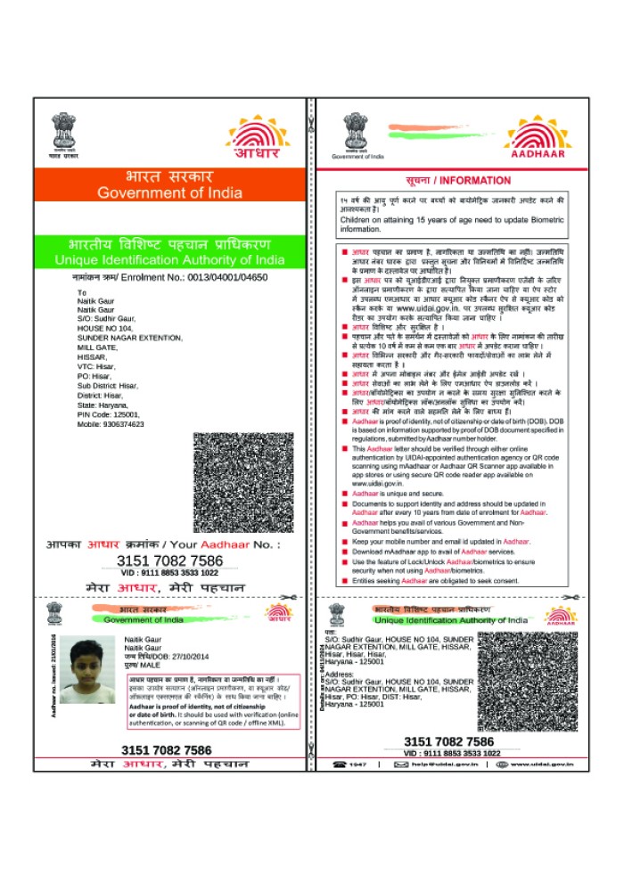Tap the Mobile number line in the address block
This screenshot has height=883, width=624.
pyautogui.click(x=111, y=423)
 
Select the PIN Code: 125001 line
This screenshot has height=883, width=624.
pyautogui.click(x=109, y=414)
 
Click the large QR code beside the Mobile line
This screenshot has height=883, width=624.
pyautogui.click(x=237, y=482)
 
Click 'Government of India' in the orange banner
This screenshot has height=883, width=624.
pyautogui.click(x=168, y=193)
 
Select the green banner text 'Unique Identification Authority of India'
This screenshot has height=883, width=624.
pyautogui.click(x=169, y=260)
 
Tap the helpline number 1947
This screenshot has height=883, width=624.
pyautogui.click(x=357, y=764)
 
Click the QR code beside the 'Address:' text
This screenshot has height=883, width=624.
pyautogui.click(x=525, y=682)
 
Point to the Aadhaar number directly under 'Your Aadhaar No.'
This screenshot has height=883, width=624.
pyautogui.click(x=169, y=560)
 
